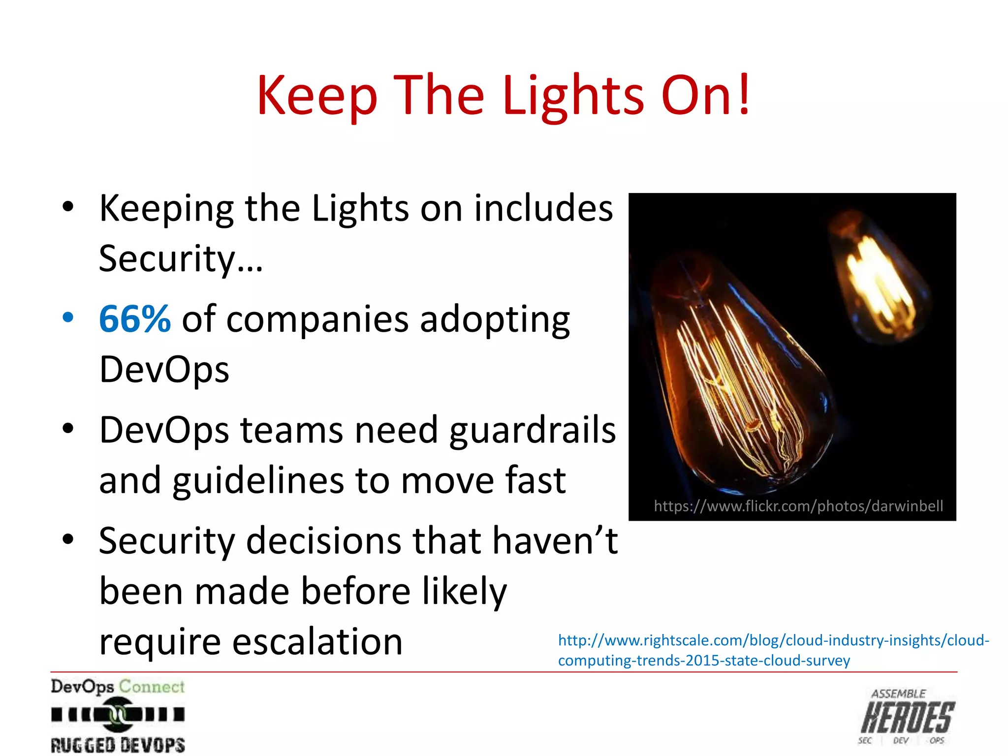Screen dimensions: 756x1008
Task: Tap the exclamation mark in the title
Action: (x=744, y=94)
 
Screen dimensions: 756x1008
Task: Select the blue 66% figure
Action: (x=135, y=319)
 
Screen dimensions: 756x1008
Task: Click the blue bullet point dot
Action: (x=68, y=317)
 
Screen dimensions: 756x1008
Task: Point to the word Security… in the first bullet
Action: (x=181, y=258)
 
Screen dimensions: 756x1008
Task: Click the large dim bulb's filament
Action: (x=738, y=384)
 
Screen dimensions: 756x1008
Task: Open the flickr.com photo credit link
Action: (x=798, y=506)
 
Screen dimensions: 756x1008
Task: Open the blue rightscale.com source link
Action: (x=773, y=650)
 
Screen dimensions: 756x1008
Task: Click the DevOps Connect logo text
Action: (x=118, y=686)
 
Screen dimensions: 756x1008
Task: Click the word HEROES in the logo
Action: (x=908, y=718)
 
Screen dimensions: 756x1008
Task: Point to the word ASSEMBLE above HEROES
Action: (x=898, y=694)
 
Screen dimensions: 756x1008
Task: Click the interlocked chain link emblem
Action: (x=118, y=714)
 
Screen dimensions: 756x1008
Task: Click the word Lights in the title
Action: (x=573, y=95)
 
